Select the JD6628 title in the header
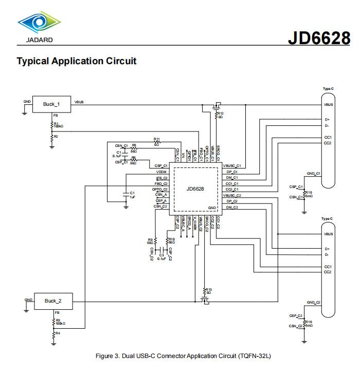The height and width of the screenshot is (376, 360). pos(318,37)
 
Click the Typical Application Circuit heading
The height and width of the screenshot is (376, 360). pos(77,61)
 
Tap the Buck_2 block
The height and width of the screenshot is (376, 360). pos(53,301)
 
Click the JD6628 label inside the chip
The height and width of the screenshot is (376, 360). pos(195,189)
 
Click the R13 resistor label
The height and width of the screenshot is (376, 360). pos(208,289)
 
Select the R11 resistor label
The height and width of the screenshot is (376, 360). pos(157,139)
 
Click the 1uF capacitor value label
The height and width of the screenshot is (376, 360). pos(133,197)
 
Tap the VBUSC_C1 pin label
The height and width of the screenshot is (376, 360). pos(232,166)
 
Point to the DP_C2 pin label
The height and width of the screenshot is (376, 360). pos(232,201)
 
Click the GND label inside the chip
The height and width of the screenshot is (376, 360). pos(212,208)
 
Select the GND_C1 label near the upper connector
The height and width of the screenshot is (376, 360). pos(313,174)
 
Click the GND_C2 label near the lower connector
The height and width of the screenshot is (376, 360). pos(313,303)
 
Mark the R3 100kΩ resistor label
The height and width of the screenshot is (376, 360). pos(59,322)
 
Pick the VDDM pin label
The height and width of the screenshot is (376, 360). pos(161,172)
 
